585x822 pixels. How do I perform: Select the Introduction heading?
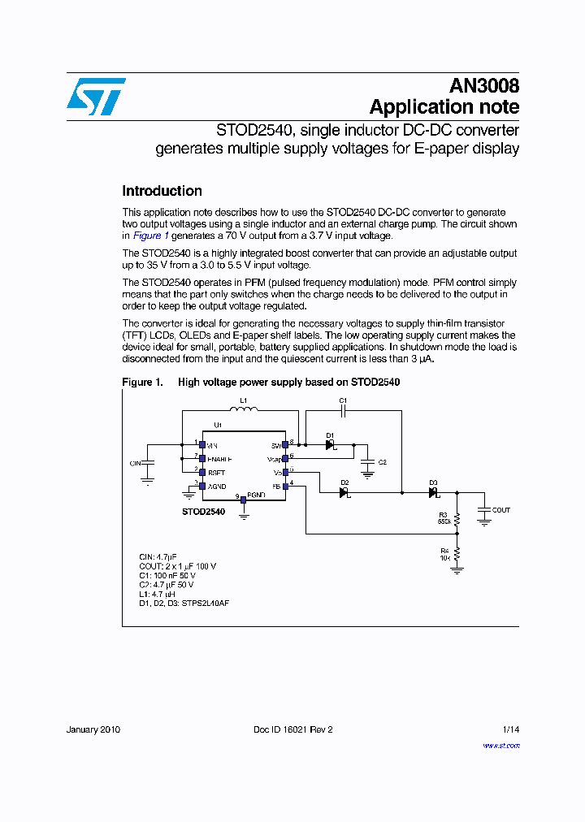tap(162, 192)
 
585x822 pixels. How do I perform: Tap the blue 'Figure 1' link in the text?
tap(150, 236)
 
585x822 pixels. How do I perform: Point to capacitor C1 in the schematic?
tap(343, 411)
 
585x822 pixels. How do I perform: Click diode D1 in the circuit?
tap(331, 445)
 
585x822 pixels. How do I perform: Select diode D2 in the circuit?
tap(343, 492)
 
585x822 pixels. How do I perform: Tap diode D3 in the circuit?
tap(433, 492)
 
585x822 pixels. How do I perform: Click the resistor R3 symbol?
tap(457, 518)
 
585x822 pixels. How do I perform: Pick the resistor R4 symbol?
tap(457, 554)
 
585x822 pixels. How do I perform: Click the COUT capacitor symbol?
tap(484, 510)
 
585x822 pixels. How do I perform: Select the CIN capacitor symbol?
tap(148, 463)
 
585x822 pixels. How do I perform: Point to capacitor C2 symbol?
tap(367, 461)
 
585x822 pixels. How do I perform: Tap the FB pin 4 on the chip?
tap(285, 485)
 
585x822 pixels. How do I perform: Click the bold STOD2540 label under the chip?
tap(203, 513)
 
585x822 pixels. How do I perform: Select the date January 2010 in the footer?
tap(93, 729)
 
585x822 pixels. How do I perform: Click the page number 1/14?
tap(510, 729)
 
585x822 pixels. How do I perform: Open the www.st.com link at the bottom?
tap(501, 746)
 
